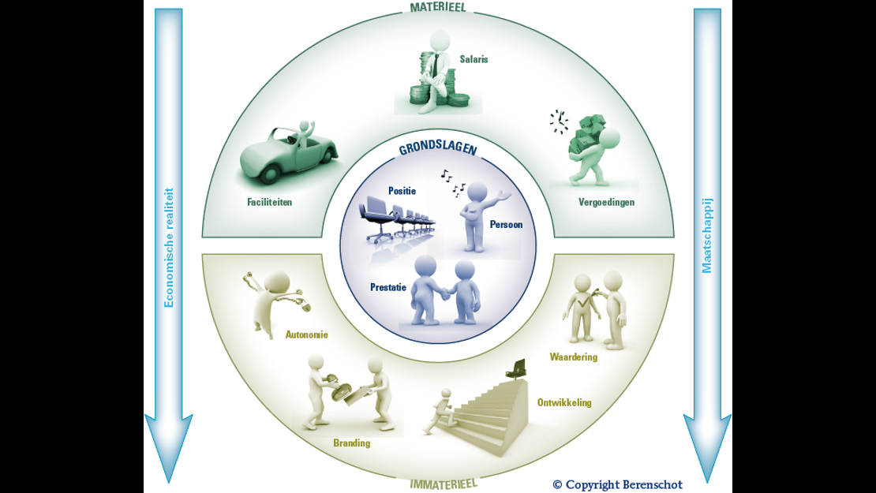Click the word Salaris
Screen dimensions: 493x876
click(474, 58)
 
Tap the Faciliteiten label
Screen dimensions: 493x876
click(269, 202)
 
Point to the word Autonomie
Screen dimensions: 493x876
click(306, 334)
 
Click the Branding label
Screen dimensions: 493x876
click(351, 443)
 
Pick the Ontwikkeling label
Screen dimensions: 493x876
click(564, 402)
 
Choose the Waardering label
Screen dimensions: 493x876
click(574, 357)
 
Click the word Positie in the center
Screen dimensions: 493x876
click(402, 191)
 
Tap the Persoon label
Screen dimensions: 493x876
click(506, 224)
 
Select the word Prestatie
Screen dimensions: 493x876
click(388, 287)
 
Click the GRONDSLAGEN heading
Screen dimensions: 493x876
click(438, 149)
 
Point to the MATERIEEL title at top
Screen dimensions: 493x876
click(438, 7)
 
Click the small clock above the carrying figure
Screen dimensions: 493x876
click(559, 121)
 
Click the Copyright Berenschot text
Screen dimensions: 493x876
click(617, 484)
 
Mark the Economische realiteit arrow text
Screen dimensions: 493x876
click(168, 247)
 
